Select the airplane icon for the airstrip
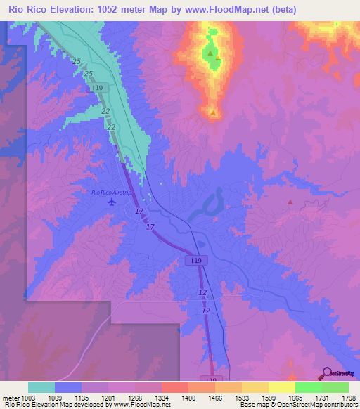111,202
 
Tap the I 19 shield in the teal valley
103,88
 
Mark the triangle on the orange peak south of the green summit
212,112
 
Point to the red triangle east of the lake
290,202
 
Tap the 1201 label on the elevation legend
107,398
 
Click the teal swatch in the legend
41,387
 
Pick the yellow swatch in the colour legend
281,387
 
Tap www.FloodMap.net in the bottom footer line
144,405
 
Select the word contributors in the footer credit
340,405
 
